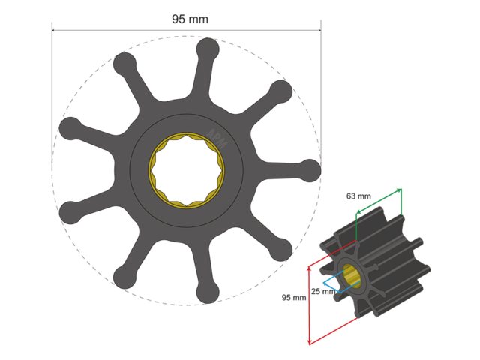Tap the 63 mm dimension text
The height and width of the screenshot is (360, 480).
click(x=358, y=196)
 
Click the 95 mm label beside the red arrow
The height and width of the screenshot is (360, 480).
click(x=293, y=297)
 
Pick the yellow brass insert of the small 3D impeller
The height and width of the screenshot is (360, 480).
click(x=353, y=277)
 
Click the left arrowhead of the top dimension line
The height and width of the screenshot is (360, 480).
click(x=54, y=31)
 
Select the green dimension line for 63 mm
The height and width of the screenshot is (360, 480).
click(x=379, y=200)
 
